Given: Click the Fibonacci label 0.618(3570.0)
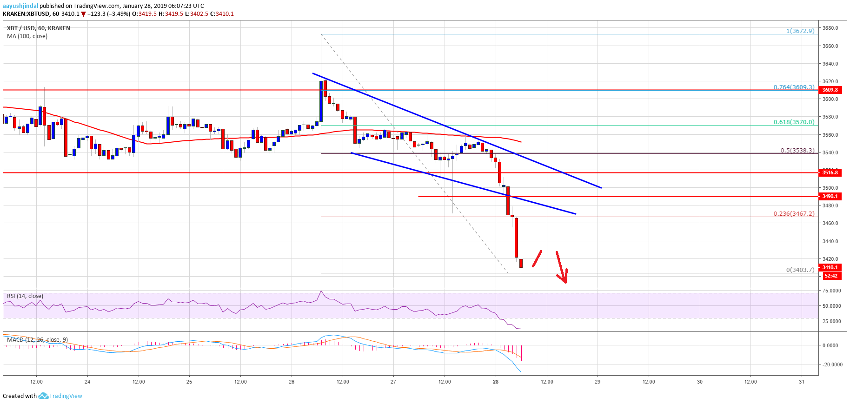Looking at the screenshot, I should pos(794,122).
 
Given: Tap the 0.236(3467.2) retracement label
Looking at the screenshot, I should pos(794,214).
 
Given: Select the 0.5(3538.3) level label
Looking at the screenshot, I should pos(797,151).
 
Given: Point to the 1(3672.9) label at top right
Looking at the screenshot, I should pos(800,31).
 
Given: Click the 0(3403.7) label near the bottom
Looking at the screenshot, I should pos(800,270).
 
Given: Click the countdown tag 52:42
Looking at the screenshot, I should pos(830,276).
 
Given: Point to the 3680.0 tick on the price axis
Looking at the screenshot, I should pos(830,28).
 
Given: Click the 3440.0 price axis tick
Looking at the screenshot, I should pos(830,241).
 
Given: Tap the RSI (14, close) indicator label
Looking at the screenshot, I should pos(25,296).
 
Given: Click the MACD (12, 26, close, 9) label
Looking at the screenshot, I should pos(37,340).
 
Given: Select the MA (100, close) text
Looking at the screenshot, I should pos(27,36).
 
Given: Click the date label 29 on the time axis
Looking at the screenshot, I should pos(598,382).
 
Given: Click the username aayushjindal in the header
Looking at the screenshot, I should pos(20,6).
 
